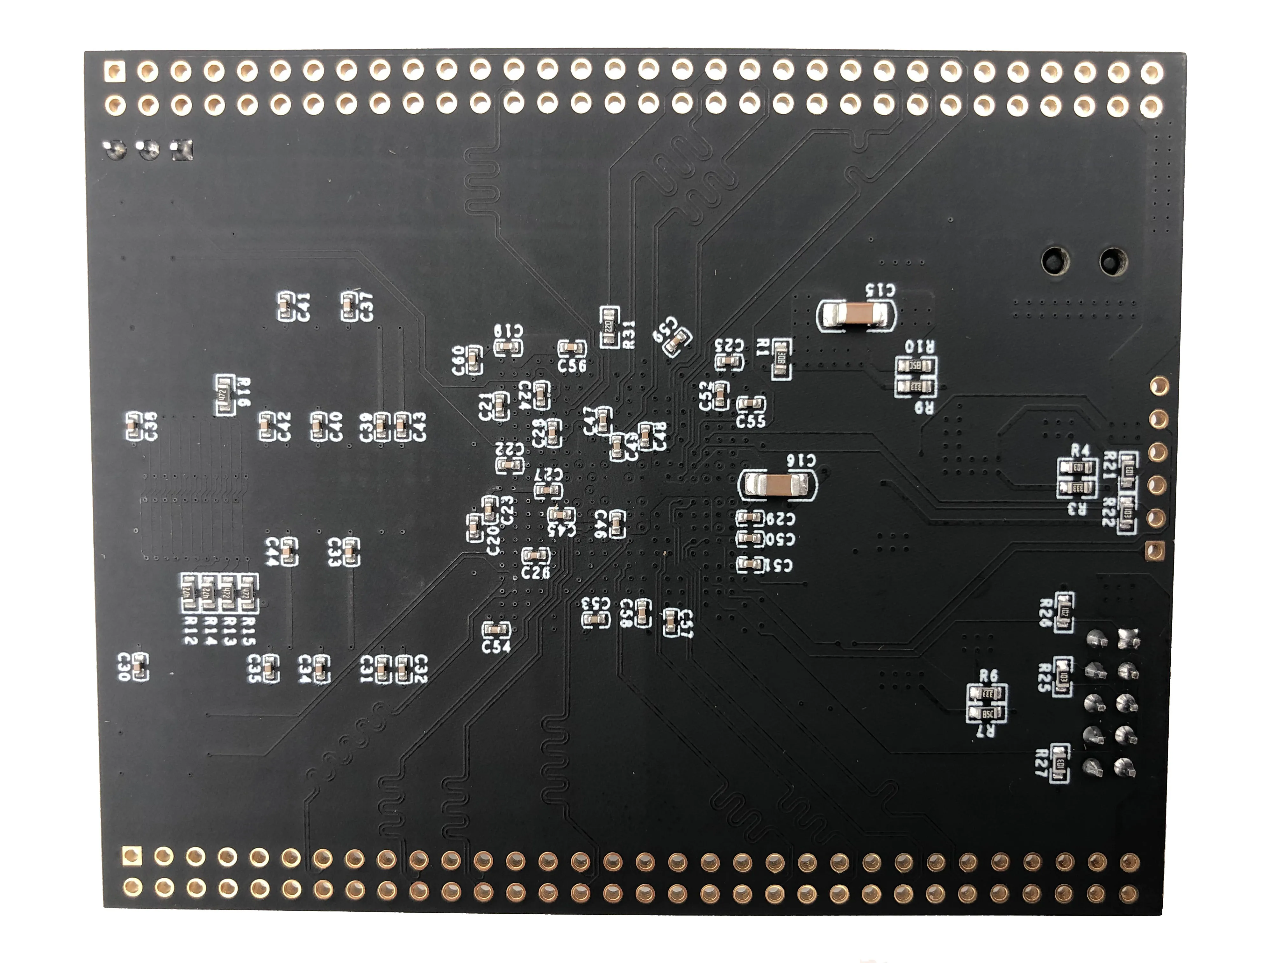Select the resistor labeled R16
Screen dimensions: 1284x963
(225, 395)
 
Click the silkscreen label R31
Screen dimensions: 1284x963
(629, 335)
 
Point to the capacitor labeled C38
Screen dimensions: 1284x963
(133, 427)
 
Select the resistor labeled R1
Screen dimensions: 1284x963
(781, 359)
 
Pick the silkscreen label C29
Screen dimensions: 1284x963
(781, 518)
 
